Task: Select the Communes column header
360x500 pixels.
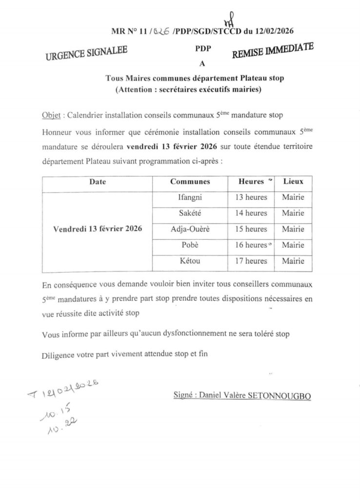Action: point(190,182)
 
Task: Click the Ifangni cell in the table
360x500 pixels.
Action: point(190,197)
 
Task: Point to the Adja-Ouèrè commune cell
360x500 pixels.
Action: point(190,229)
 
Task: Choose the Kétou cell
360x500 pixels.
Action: point(190,261)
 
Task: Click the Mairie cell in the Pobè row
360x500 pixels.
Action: point(293,245)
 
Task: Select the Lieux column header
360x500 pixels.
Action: point(293,182)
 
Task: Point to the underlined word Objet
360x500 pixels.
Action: point(51,116)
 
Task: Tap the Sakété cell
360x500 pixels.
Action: point(190,213)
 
